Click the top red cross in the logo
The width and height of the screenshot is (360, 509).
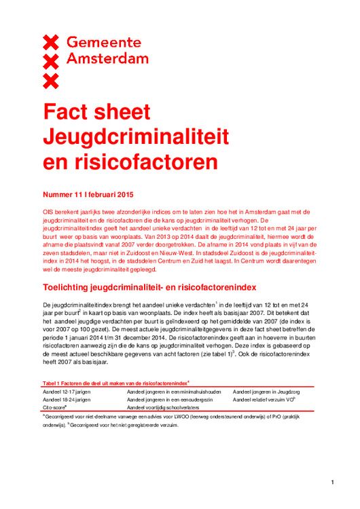[x=51, y=43]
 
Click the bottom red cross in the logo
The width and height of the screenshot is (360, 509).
[x=51, y=81]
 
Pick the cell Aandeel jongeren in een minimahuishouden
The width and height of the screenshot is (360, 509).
[x=173, y=392]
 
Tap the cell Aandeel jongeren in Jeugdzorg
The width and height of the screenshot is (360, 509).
[x=266, y=392]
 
